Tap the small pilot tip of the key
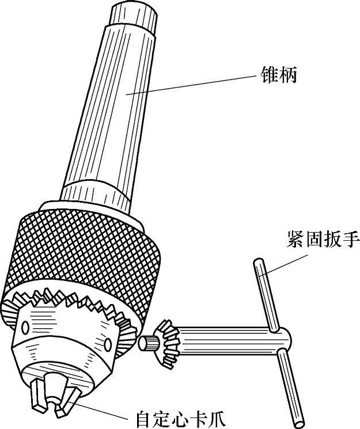(147, 342)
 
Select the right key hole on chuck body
(108, 344)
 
